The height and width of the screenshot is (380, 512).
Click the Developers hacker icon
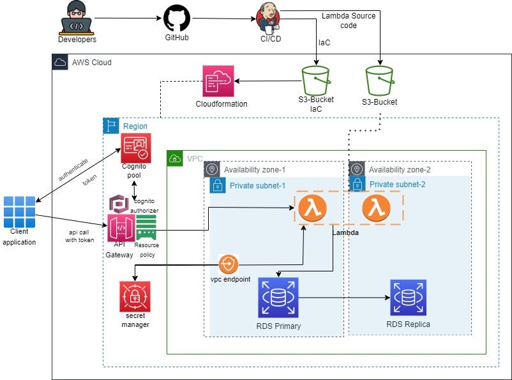pyautogui.click(x=77, y=17)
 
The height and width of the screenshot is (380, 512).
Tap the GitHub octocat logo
pyautogui.click(x=177, y=19)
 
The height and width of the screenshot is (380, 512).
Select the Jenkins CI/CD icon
pyautogui.click(x=269, y=17)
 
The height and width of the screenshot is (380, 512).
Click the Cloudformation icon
pyautogui.click(x=219, y=81)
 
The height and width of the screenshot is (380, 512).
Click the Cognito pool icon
pyautogui.click(x=136, y=148)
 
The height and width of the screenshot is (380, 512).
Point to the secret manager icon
pyautogui.click(x=134, y=296)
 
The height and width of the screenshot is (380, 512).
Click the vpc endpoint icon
pyautogui.click(x=228, y=264)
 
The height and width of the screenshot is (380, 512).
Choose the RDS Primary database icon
pyautogui.click(x=278, y=297)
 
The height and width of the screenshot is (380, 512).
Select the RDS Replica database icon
pyautogui.click(x=409, y=297)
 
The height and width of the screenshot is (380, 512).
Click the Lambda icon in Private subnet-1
pyautogui.click(x=312, y=208)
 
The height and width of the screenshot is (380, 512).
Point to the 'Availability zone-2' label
pyautogui.click(x=400, y=169)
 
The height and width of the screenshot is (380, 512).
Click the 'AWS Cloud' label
pyautogui.click(x=92, y=63)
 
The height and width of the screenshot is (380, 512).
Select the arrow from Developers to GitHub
pyautogui.click(x=128, y=19)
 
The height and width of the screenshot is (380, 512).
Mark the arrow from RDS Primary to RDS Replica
pyautogui.click(x=345, y=297)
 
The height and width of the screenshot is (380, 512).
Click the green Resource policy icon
pyautogui.click(x=146, y=228)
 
